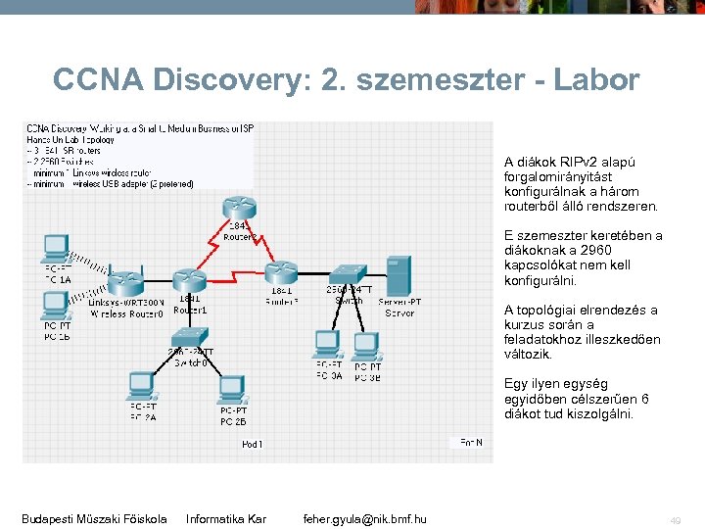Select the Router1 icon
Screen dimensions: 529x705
186,278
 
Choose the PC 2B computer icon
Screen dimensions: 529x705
232,391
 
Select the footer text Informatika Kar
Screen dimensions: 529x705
225,518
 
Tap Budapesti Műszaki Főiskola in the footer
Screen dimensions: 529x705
94,518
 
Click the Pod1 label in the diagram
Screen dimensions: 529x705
252,444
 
